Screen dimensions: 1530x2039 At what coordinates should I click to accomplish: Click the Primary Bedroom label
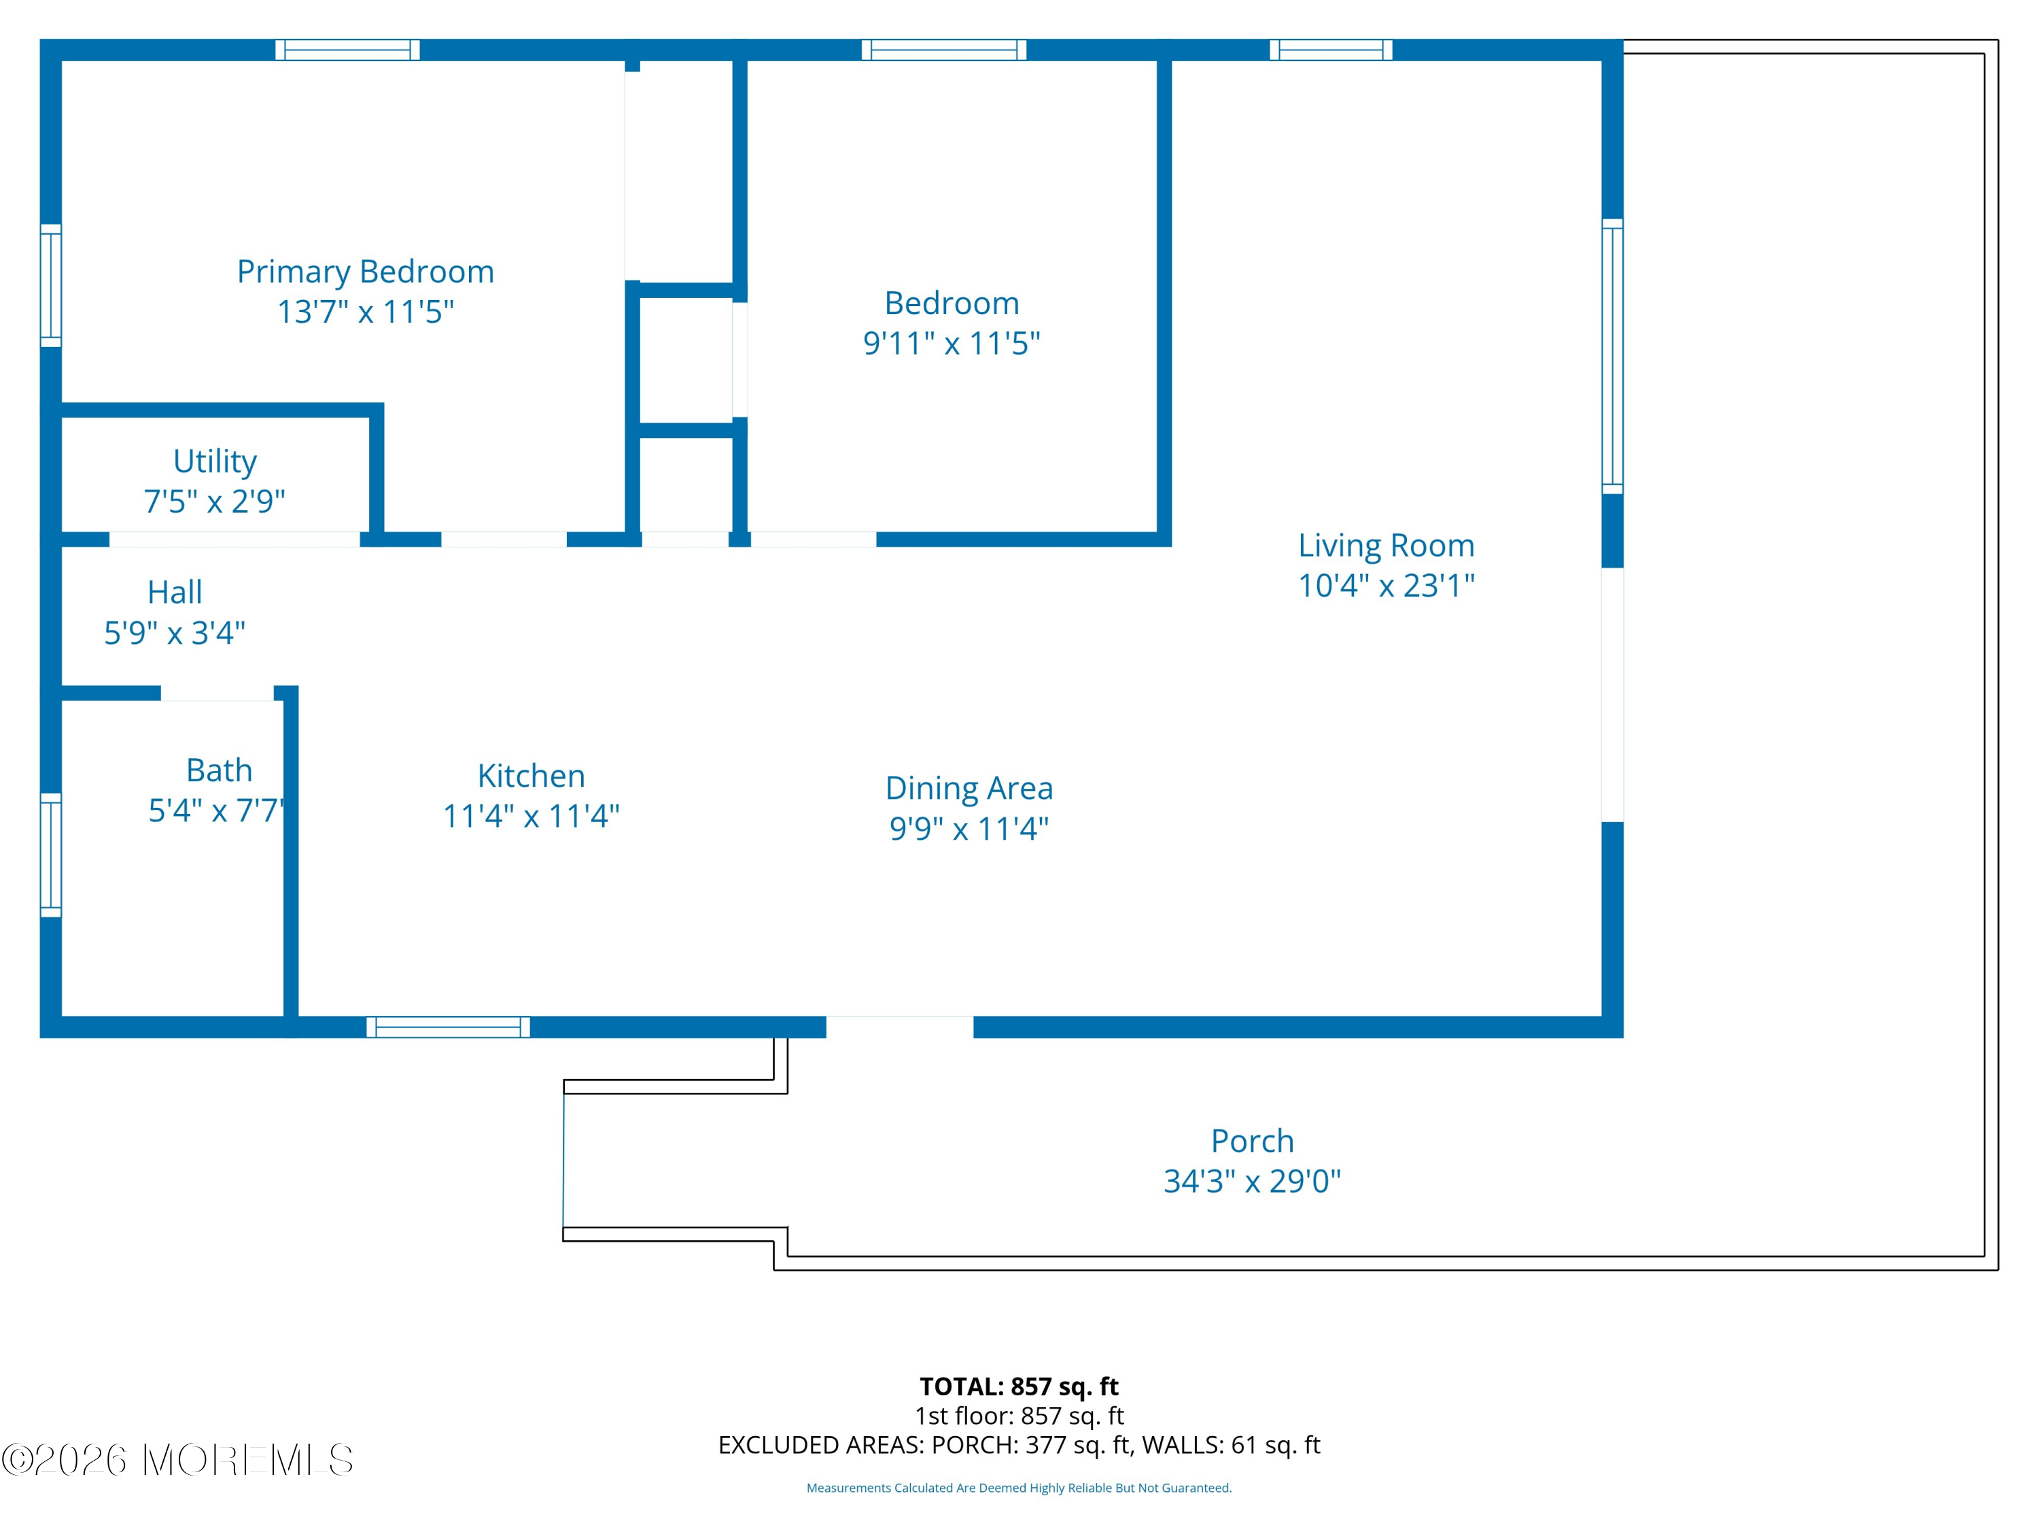tap(365, 271)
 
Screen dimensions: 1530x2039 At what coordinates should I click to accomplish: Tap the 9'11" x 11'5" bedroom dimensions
tap(952, 343)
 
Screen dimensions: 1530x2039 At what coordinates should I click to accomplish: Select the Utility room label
tap(215, 460)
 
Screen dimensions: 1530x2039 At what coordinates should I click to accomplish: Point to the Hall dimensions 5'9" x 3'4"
tap(174, 632)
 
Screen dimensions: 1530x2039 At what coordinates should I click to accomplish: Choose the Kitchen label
tap(531, 776)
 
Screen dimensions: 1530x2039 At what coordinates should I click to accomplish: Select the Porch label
tap(1252, 1141)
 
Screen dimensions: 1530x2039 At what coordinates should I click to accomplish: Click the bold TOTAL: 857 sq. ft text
tap(1019, 1386)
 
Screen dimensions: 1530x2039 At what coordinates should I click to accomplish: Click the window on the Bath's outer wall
tap(51, 855)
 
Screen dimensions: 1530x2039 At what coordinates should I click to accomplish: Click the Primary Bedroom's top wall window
tap(347, 50)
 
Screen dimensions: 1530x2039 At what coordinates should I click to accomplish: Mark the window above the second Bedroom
tap(944, 50)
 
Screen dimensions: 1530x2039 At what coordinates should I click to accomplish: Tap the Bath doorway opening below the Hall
tap(217, 693)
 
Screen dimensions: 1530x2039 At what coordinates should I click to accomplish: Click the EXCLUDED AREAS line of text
tap(1019, 1445)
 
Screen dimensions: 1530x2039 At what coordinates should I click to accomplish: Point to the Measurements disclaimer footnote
tap(1019, 1488)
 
